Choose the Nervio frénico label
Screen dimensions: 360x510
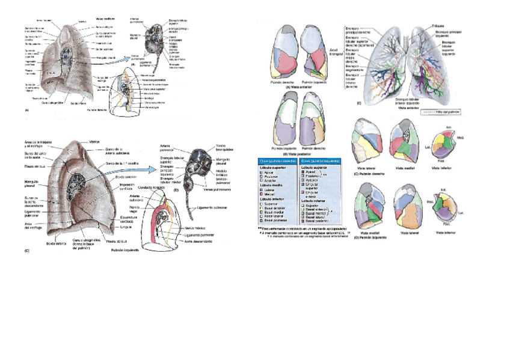[197, 228]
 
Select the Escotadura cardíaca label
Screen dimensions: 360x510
[127, 218]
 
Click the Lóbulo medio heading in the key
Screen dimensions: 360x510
[273, 185]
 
